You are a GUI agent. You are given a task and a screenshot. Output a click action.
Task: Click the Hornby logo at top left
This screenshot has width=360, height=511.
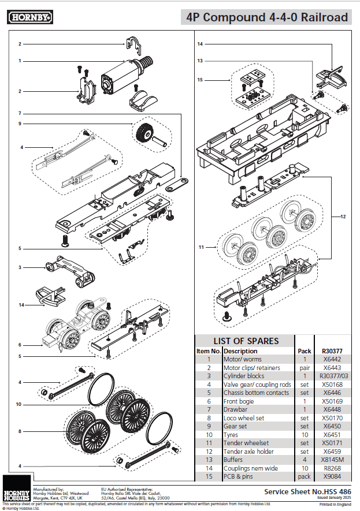pyautogui.click(x=31, y=18)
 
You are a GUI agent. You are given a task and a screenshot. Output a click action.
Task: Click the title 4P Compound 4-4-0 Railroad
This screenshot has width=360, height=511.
pyautogui.click(x=266, y=18)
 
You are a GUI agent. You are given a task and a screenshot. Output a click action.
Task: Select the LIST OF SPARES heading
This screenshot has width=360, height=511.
pyautogui.click(x=246, y=341)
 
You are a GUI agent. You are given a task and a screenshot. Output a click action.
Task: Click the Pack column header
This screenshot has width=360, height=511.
pyautogui.click(x=304, y=350)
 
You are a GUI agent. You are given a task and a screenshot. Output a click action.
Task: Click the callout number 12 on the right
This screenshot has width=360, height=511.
pyautogui.click(x=343, y=217)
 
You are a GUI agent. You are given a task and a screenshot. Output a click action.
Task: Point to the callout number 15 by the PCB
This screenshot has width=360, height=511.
pyautogui.click(x=200, y=80)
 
